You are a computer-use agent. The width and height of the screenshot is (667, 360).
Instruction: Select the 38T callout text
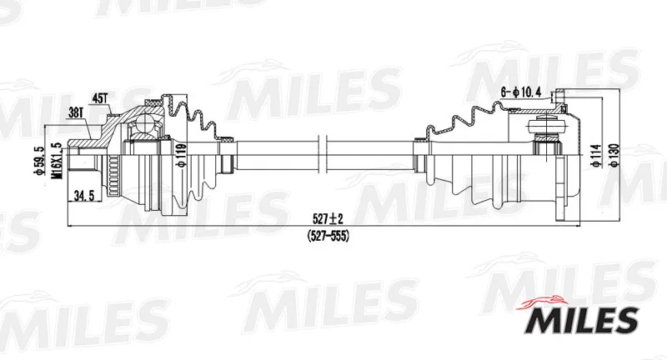pyautogui.click(x=76, y=112)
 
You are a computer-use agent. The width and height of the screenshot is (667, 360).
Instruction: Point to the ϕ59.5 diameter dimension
pyautogui.click(x=40, y=161)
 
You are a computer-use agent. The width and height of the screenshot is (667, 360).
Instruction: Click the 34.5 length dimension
pyautogui.click(x=84, y=196)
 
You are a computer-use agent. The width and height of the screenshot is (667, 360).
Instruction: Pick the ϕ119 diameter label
pyautogui.click(x=182, y=156)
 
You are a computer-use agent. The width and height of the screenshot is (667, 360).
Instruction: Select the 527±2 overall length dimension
pyautogui.click(x=328, y=219)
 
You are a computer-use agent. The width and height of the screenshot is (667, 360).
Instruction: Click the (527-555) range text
pyautogui.click(x=328, y=236)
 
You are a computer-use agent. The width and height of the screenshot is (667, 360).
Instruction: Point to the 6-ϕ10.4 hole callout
pyautogui.click(x=520, y=92)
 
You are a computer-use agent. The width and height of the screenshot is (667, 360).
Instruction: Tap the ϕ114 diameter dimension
pyautogui.click(x=598, y=156)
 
